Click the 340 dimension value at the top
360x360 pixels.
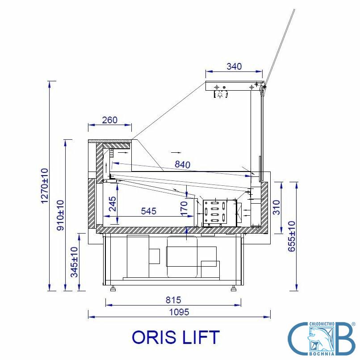coord(234,67)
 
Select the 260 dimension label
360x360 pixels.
coord(109,120)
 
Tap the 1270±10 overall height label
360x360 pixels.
coord(45,186)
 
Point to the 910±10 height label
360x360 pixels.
coord(61,215)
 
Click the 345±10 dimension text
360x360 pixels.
coord(75,262)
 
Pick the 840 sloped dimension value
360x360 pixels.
coord(183,164)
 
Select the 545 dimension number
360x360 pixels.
coord(149,211)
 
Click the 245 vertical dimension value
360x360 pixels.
coord(113,204)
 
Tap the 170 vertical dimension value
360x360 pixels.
coord(184,209)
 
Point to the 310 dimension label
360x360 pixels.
coord(276,207)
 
